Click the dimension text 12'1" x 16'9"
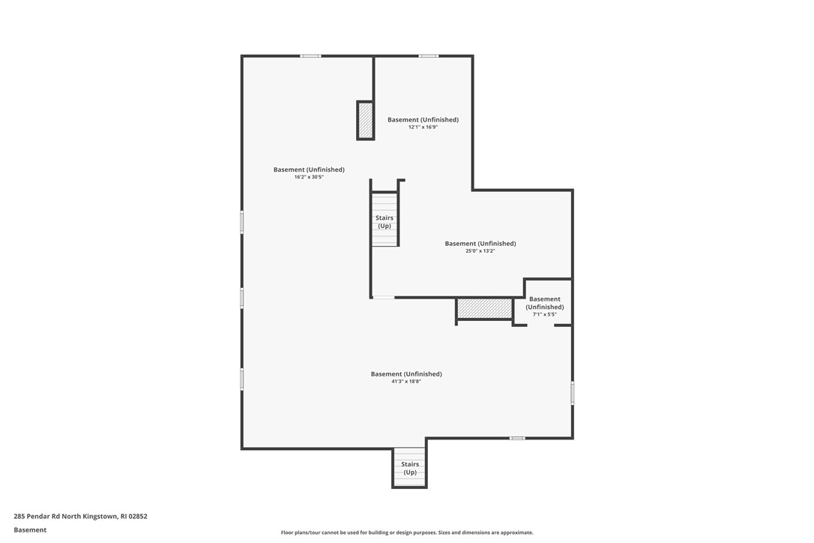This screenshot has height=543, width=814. click(x=423, y=127)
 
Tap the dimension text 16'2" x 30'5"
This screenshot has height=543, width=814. click(x=309, y=177)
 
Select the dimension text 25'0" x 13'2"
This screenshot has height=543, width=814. click(x=480, y=250)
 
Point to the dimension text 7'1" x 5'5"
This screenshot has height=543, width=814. click(x=544, y=314)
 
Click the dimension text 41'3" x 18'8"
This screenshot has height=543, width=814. click(x=406, y=381)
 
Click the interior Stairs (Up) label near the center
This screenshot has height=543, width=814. click(x=384, y=222)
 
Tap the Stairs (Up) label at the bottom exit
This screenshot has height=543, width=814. click(x=410, y=468)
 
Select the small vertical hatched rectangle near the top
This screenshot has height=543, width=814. click(x=366, y=120)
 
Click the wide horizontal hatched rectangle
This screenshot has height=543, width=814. click(x=484, y=308)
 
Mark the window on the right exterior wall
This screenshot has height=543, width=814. click(x=573, y=393)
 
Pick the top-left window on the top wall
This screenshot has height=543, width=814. click(x=310, y=55)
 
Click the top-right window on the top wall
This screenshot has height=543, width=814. click(x=428, y=55)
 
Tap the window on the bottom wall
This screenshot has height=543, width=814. click(x=517, y=438)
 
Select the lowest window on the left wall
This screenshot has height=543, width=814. click(x=241, y=379)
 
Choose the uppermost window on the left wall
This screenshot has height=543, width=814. click(x=241, y=222)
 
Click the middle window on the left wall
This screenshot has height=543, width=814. click(x=241, y=298)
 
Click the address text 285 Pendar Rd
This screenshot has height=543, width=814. click(x=80, y=516)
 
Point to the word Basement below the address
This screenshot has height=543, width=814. click(x=30, y=529)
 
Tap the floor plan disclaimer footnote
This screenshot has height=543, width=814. click(x=407, y=532)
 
